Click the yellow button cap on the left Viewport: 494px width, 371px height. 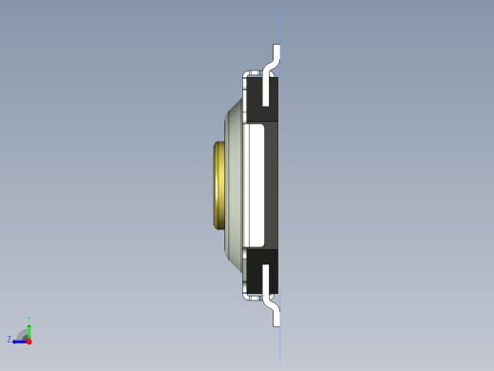coord(219,185)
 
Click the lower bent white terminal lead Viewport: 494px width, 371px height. coord(275,308)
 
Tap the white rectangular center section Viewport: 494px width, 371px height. coord(254,184)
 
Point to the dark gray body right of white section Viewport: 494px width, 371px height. coord(272,184)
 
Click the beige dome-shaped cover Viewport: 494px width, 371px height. coord(234,185)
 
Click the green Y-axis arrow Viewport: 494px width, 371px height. coord(29,328)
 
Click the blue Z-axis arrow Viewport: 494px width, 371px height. coord(19,341)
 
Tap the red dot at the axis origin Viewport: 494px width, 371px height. coord(29,341)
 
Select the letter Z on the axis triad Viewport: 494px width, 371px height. coord(9,340)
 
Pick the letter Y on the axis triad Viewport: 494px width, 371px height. coord(29,320)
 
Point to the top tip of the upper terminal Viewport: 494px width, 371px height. coord(277,46)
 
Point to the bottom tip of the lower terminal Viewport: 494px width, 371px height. coord(277,324)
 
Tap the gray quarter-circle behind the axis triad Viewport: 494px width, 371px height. coord(23,334)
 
